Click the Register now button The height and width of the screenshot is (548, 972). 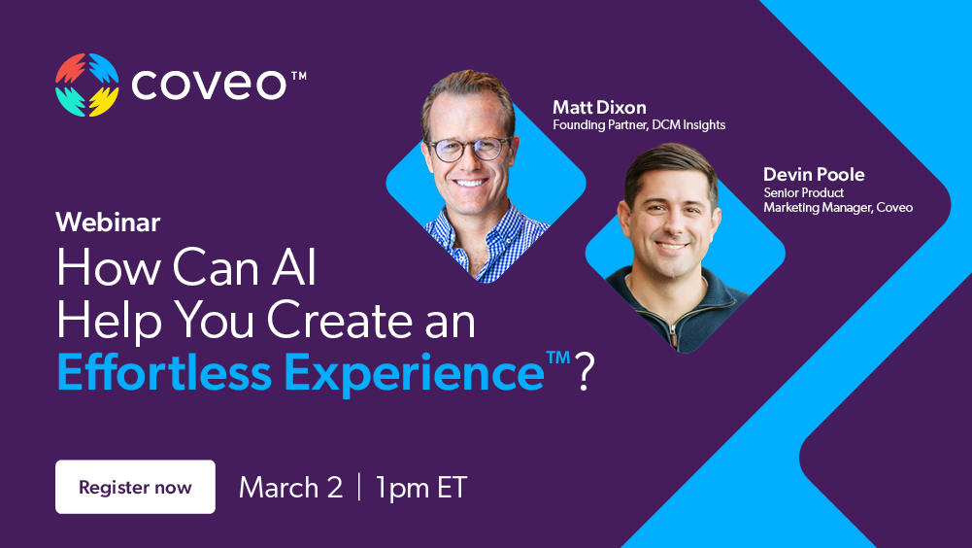click(135, 487)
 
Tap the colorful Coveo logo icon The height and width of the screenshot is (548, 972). click(87, 85)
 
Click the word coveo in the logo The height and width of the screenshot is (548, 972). click(209, 85)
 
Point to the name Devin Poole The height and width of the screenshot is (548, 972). click(814, 175)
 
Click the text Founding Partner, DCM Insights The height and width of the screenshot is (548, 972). click(639, 125)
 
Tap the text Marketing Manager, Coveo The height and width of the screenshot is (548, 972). click(838, 207)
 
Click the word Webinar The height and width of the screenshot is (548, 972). click(108, 222)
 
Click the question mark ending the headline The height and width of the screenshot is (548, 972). click(584, 374)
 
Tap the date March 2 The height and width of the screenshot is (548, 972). click(290, 487)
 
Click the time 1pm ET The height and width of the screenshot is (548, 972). click(421, 487)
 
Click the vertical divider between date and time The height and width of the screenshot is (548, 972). click(359, 487)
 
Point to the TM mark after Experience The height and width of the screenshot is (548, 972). click(557, 358)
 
